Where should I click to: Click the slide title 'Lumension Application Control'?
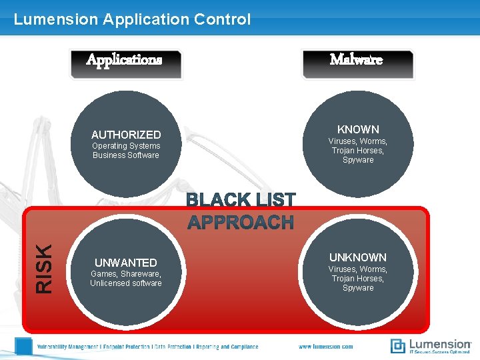point(132,19)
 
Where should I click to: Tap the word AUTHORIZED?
point(126,135)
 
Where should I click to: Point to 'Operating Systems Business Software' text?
point(126,151)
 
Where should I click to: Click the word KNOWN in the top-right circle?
point(358,129)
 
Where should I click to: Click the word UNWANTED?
point(126,263)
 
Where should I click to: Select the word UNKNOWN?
point(358,257)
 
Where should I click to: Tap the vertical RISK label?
point(43,269)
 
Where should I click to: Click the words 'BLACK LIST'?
point(240,200)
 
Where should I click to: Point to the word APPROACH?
point(240,222)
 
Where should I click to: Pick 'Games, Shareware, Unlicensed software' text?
point(126,279)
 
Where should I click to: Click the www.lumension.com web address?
point(326,347)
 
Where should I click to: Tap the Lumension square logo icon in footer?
point(397,346)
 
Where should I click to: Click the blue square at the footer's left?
point(24,346)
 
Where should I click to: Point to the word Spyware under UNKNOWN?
point(358,288)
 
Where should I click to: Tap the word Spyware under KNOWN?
point(358,160)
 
